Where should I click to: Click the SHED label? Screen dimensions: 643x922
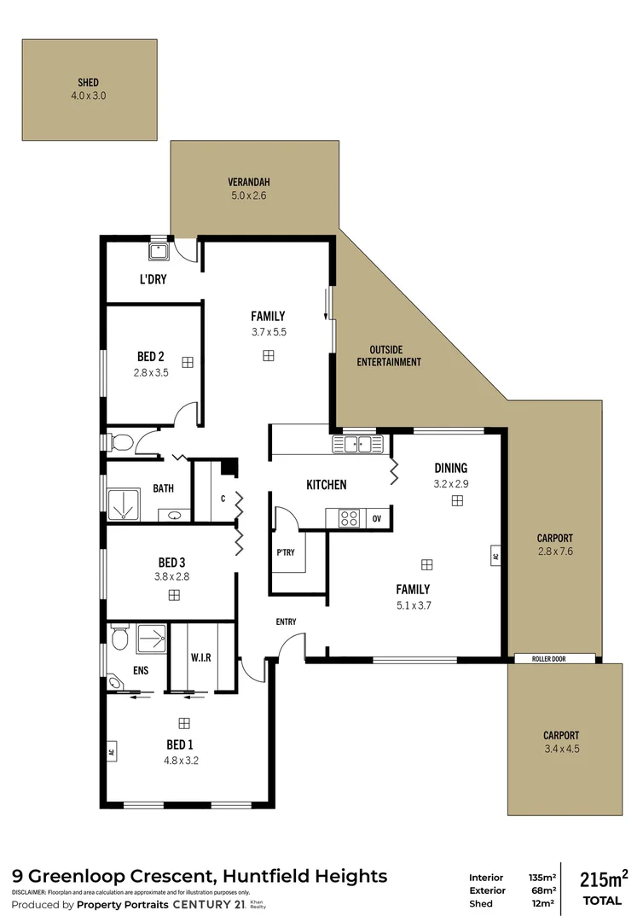[88, 83]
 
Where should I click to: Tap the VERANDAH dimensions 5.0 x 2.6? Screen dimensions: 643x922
[248, 195]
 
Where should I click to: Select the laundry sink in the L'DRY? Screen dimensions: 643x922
[159, 252]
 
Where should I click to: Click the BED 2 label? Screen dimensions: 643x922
[150, 356]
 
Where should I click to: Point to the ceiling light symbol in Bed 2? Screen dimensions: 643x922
[188, 362]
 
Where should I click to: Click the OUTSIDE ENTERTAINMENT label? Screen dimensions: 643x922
[389, 356]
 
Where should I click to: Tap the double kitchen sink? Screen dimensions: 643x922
[357, 444]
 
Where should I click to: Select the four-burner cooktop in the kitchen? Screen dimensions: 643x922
[349, 518]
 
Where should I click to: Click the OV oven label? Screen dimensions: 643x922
[377, 519]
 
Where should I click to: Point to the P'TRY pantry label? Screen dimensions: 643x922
[286, 552]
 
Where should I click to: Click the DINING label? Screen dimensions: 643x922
[451, 468]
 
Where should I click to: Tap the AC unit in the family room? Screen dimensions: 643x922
[495, 555]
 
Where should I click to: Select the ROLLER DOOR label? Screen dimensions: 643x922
[549, 659]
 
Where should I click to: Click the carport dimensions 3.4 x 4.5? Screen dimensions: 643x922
[562, 750]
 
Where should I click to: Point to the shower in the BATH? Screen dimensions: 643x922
[124, 505]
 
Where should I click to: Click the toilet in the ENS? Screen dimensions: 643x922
[119, 637]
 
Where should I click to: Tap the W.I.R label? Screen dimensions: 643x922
[200, 657]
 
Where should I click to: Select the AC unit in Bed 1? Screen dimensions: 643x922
[111, 751]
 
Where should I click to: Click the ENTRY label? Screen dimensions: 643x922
[286, 621]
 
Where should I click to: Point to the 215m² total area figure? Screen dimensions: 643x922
[604, 879]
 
